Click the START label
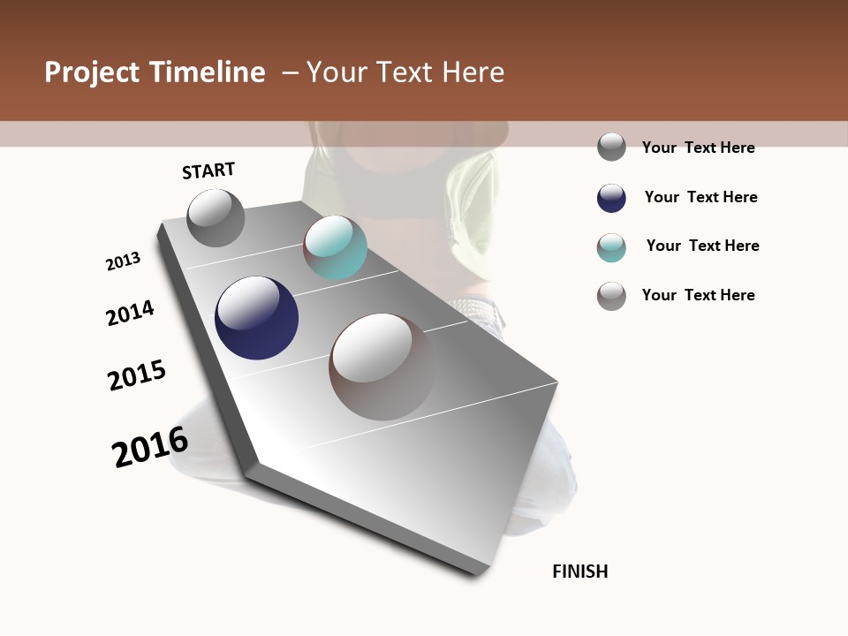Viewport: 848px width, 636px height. click(208, 170)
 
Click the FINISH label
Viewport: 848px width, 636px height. click(580, 572)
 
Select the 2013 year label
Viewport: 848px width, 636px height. click(123, 261)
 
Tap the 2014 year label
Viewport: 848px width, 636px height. click(130, 313)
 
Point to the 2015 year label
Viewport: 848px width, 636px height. click(137, 375)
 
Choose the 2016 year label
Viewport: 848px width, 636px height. click(150, 447)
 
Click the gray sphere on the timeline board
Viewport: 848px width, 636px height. click(216, 218)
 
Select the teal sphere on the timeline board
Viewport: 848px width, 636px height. click(336, 247)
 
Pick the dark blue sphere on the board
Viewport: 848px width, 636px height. click(256, 318)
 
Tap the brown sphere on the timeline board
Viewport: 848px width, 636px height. click(382, 367)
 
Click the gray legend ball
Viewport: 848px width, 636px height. click(611, 147)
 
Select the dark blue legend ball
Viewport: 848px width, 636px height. click(611, 198)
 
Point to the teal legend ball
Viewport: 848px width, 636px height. click(611, 247)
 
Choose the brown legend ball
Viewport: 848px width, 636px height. click(611, 296)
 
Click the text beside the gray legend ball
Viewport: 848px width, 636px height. click(698, 148)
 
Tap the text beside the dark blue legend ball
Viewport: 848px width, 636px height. click(700, 197)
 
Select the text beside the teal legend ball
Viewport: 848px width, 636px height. click(702, 246)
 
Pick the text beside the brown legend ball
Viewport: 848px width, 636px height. click(698, 295)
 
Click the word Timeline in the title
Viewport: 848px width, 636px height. click(207, 72)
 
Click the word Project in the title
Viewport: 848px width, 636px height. click(93, 72)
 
